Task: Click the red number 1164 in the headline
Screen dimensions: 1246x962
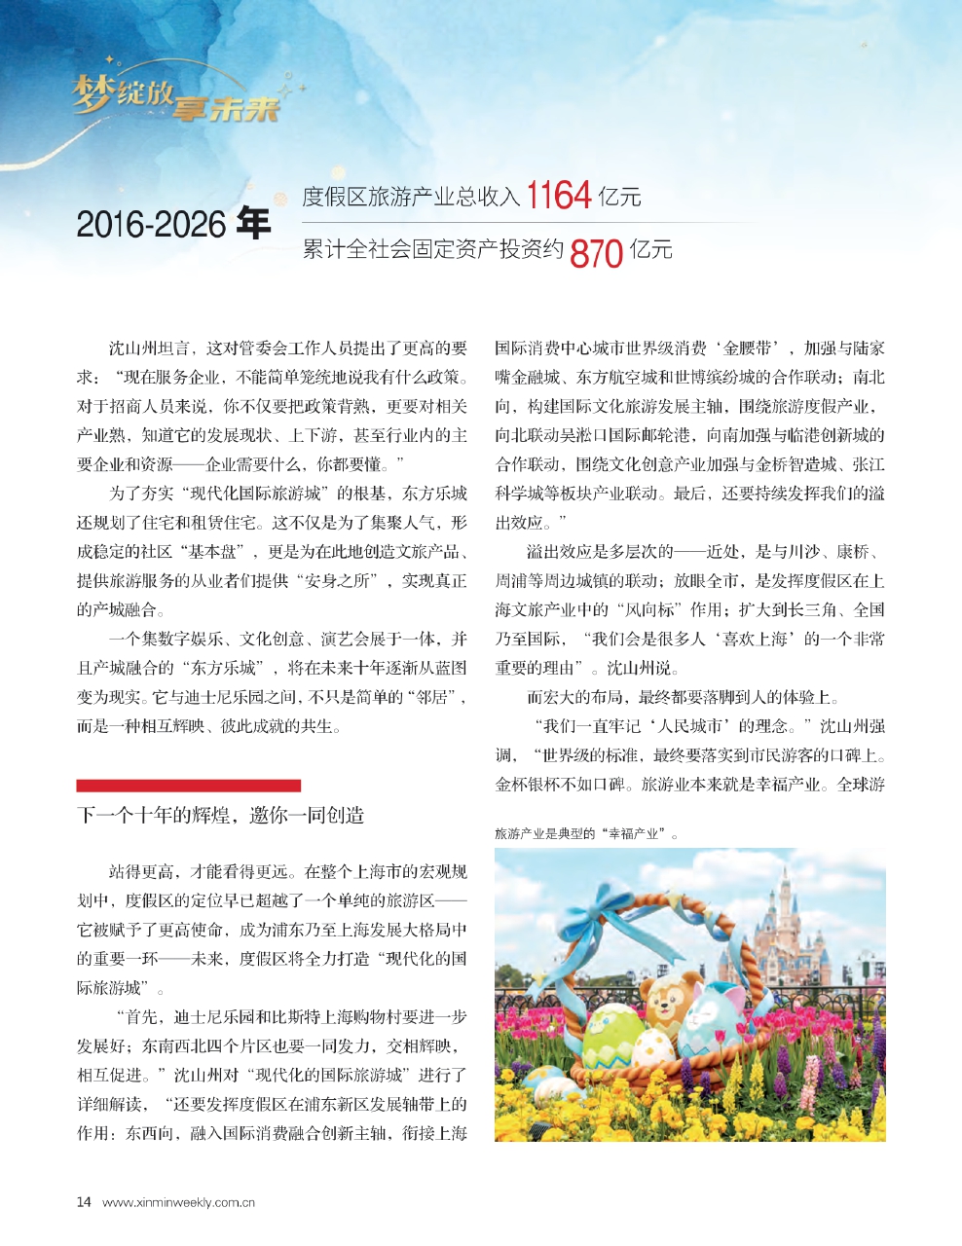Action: (x=559, y=196)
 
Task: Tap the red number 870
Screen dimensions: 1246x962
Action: (x=596, y=253)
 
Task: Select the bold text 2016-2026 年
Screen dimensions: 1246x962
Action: (x=173, y=224)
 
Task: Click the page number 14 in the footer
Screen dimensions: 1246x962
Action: (x=84, y=1202)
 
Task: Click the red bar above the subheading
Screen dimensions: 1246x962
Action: (x=188, y=786)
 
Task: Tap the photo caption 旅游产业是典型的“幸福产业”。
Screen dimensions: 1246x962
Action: (x=586, y=834)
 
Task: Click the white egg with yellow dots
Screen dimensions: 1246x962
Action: (x=652, y=1049)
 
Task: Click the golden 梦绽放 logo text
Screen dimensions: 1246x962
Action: (x=124, y=93)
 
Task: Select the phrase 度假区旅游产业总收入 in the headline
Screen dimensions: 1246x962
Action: (x=411, y=198)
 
